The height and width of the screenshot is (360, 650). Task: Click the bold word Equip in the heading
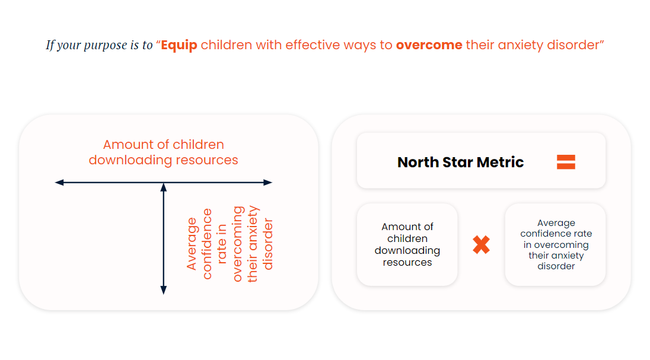click(179, 45)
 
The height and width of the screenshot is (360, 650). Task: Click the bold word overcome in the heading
click(429, 45)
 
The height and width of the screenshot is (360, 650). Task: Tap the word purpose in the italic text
click(106, 46)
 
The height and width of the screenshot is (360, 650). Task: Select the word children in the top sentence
click(227, 45)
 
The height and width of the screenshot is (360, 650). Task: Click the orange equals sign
click(566, 162)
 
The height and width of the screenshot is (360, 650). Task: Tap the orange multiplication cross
click(482, 245)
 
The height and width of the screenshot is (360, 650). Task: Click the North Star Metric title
click(461, 162)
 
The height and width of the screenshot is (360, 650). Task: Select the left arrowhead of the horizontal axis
click(59, 183)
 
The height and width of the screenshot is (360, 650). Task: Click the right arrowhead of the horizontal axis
click(268, 183)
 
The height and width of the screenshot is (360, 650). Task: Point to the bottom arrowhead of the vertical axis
click(164, 290)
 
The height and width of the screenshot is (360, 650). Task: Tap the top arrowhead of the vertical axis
click(164, 188)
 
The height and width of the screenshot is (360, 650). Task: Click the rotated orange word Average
click(192, 244)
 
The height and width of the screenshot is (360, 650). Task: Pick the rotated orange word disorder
click(268, 244)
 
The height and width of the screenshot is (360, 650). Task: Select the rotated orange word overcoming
click(238, 244)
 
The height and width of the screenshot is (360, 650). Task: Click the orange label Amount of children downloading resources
click(163, 152)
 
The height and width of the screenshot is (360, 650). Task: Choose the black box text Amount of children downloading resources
click(407, 245)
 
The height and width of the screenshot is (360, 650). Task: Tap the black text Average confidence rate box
click(556, 245)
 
